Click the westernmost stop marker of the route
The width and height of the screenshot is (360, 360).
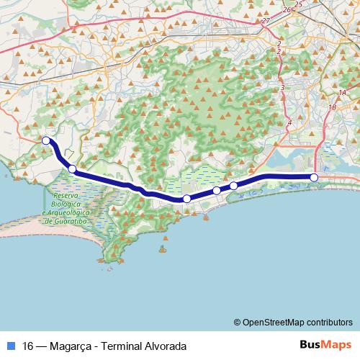(x=46, y=140)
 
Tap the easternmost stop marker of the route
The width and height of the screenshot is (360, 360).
(x=314, y=177)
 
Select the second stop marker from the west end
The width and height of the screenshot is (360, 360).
(x=72, y=169)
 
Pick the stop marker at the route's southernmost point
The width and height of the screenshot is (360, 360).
(x=186, y=199)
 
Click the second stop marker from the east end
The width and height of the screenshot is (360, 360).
(x=233, y=186)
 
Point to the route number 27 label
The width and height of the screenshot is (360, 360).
(x=266, y=21)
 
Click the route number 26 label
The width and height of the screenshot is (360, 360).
(x=286, y=9)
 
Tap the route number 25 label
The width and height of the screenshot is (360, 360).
(x=298, y=4)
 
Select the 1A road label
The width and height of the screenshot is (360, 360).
(x=342, y=93)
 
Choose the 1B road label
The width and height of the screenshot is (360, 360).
(x=332, y=107)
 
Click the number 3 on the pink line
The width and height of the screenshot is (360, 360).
(x=283, y=88)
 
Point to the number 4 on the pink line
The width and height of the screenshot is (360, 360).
(x=289, y=123)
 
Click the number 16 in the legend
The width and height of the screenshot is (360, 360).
(x=28, y=346)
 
